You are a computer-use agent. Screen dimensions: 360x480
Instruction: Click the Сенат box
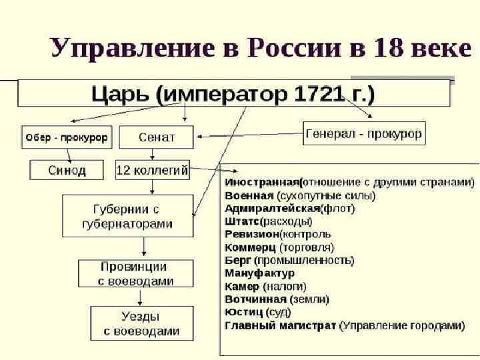(x=157, y=137)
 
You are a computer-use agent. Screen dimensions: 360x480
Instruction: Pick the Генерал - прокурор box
(x=364, y=134)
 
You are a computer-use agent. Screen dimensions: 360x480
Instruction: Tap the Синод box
(x=67, y=170)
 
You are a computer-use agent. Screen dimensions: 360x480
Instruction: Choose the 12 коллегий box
(x=152, y=170)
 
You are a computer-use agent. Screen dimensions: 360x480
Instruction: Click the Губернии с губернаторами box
(x=127, y=215)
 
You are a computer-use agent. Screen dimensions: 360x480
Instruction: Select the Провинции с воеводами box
(x=135, y=273)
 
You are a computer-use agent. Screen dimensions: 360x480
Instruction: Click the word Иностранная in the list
(x=262, y=182)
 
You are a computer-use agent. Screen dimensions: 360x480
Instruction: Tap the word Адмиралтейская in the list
(x=272, y=208)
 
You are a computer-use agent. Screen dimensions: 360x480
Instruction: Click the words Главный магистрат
(x=280, y=325)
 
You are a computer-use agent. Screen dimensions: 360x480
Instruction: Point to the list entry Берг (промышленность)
(x=289, y=260)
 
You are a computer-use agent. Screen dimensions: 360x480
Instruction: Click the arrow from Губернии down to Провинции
(x=145, y=247)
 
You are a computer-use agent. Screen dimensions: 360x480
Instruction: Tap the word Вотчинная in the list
(x=255, y=299)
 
